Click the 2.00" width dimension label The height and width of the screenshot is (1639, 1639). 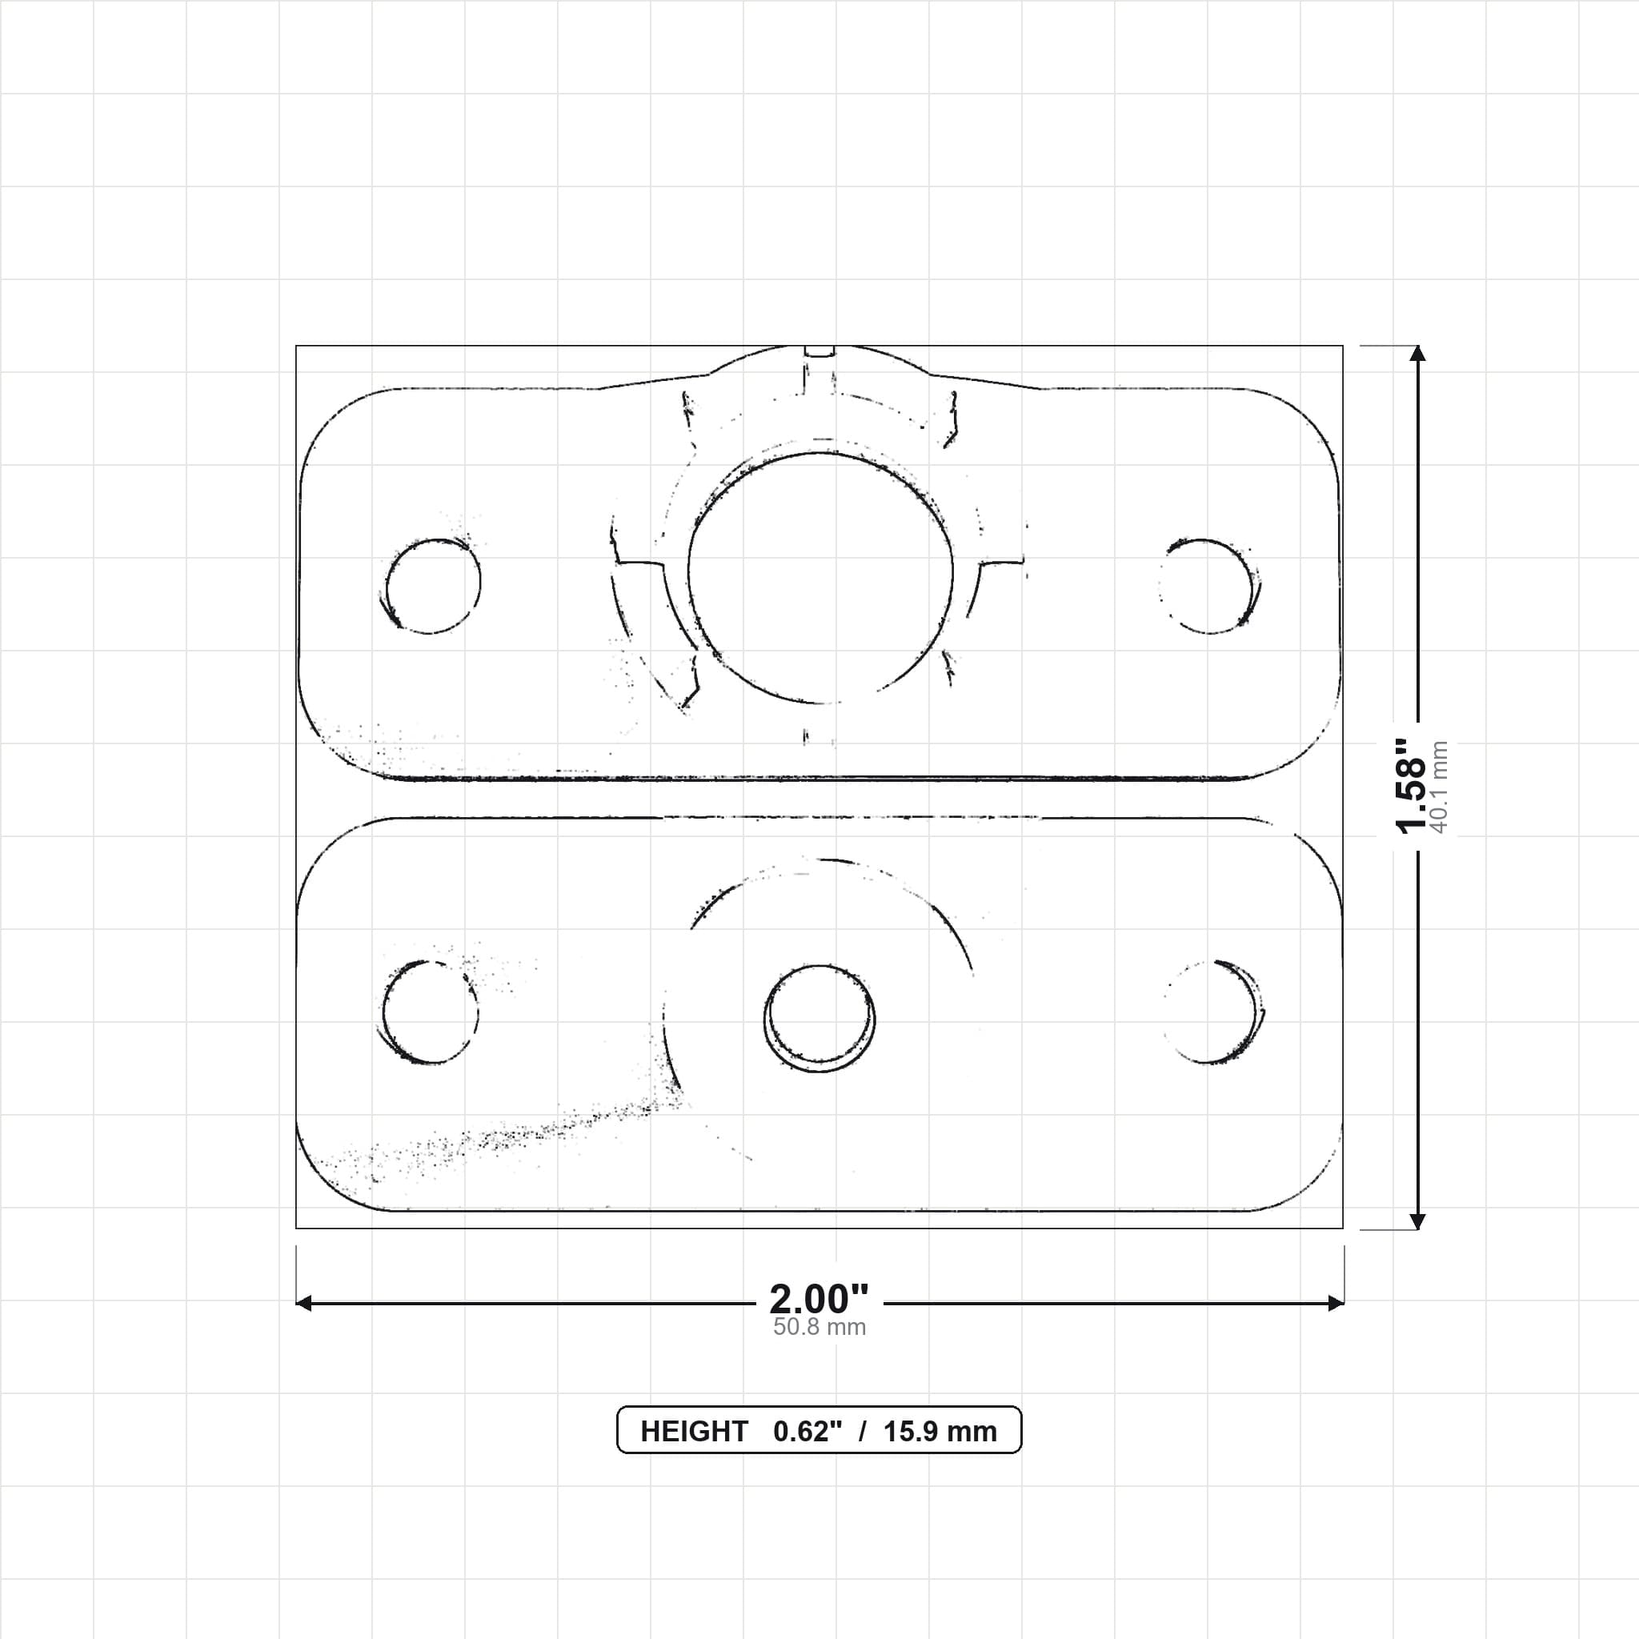[819, 1299]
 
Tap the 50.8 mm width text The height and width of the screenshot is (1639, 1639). [819, 1328]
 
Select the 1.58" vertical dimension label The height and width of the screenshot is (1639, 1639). [1412, 786]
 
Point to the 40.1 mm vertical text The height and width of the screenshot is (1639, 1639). [1439, 787]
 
